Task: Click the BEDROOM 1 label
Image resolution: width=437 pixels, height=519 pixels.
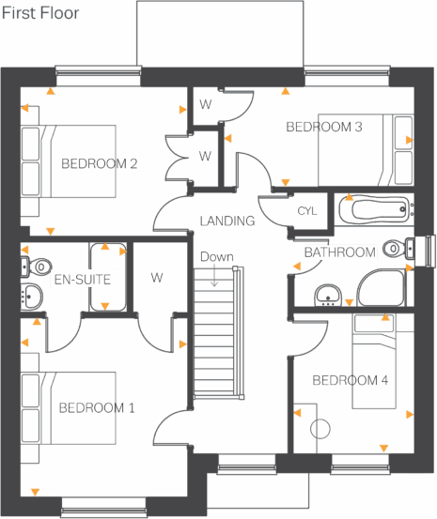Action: pos(97,408)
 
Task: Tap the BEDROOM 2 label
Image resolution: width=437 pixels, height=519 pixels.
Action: pos(100,164)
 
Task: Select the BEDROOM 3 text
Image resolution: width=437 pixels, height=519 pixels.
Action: pos(324,127)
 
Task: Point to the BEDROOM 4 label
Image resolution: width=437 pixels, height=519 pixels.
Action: pos(350,380)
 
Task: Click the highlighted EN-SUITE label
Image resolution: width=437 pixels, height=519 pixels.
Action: pos(83,280)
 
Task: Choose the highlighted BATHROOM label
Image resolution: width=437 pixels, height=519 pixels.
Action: pos(339,252)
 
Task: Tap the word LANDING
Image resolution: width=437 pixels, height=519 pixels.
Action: pos(226,221)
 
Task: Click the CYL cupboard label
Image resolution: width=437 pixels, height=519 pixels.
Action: pos(307,210)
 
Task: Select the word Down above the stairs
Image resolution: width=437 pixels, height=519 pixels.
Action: pos(216,257)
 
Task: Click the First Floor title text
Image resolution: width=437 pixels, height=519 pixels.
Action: pos(39,14)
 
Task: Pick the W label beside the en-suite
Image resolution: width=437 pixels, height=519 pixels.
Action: pos(157,278)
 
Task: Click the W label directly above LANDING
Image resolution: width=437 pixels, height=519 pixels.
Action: pos(205,156)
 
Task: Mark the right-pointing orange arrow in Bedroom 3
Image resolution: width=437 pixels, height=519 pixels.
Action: pos(409,140)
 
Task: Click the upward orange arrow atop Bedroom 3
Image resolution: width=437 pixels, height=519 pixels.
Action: pos(284,92)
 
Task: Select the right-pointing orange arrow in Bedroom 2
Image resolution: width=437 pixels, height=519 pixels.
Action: pos(181,109)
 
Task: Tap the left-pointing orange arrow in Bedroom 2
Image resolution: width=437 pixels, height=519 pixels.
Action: pos(24,107)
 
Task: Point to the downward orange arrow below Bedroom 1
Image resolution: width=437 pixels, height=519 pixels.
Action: pos(35,491)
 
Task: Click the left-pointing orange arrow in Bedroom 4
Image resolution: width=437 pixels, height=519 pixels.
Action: pos(298,412)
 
